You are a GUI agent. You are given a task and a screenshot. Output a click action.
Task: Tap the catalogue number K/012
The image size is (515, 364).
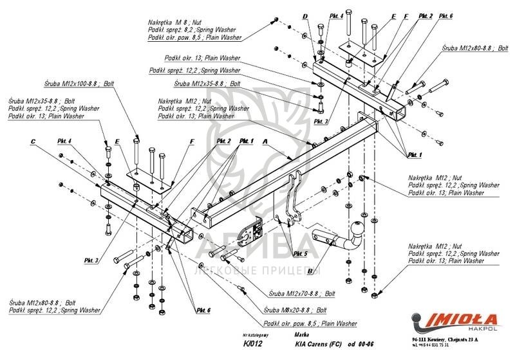245,344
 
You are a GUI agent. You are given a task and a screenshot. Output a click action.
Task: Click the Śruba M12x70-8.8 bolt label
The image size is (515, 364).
302,293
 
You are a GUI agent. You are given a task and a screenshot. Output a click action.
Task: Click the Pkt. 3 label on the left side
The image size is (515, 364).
90,260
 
